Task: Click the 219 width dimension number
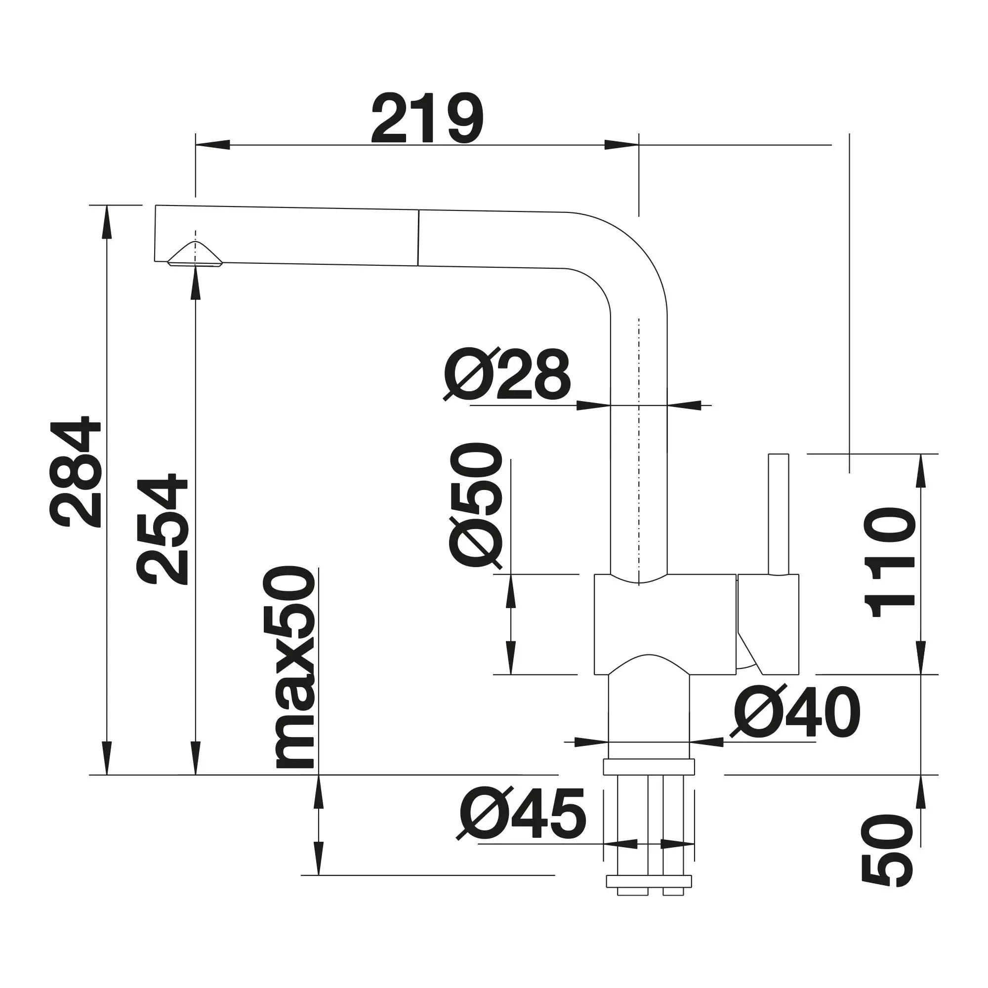[427, 119]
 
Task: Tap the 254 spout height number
[163, 529]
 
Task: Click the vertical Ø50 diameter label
[475, 505]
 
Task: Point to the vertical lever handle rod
[779, 514]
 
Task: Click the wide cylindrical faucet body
[665, 624]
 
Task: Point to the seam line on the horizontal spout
[418, 238]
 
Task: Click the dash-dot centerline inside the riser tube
[639, 435]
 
